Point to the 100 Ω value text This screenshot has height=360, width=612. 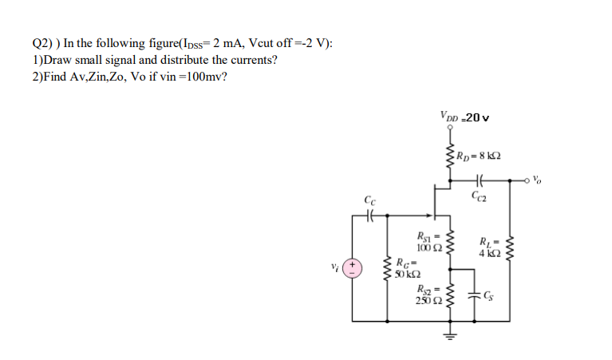(427, 246)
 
